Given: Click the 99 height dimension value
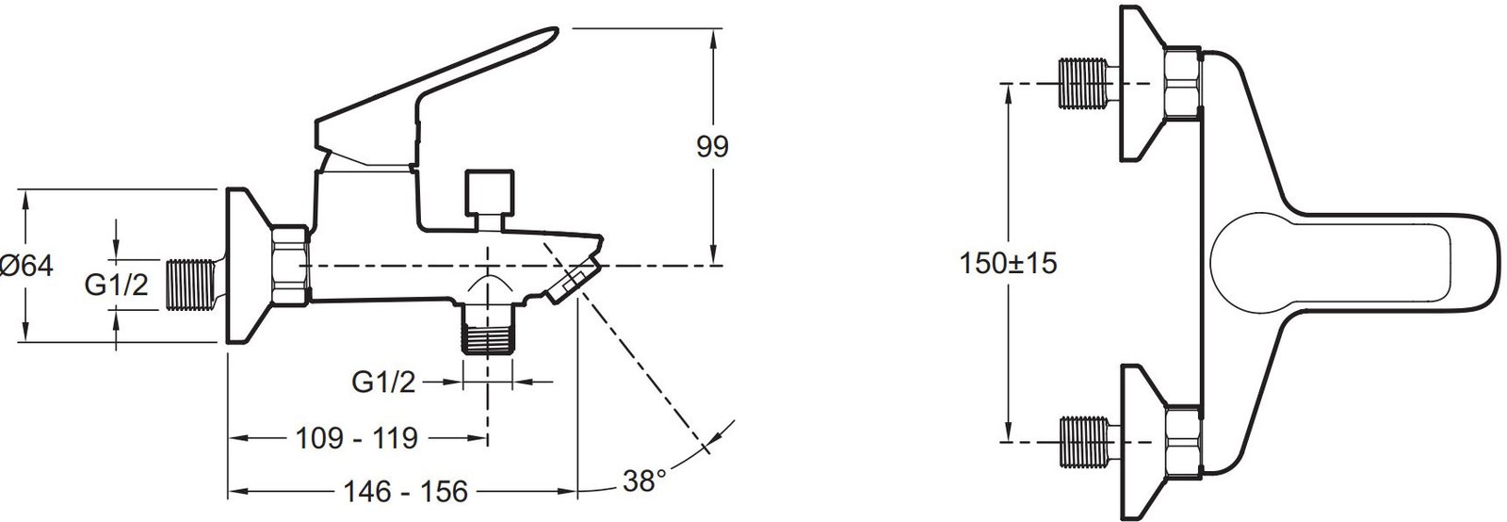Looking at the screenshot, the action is tap(712, 147).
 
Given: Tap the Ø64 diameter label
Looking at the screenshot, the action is tap(27, 267).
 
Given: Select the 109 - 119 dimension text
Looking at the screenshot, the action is tap(357, 438).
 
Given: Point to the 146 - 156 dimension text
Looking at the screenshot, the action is tap(406, 492).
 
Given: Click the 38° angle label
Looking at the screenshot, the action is tap(644, 481).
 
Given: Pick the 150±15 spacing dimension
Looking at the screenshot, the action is tap(1008, 263).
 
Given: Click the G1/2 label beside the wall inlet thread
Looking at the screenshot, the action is tap(116, 285).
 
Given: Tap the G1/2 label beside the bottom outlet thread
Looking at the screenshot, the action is tap(383, 383).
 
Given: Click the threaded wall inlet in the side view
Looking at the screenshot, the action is tap(189, 285).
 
